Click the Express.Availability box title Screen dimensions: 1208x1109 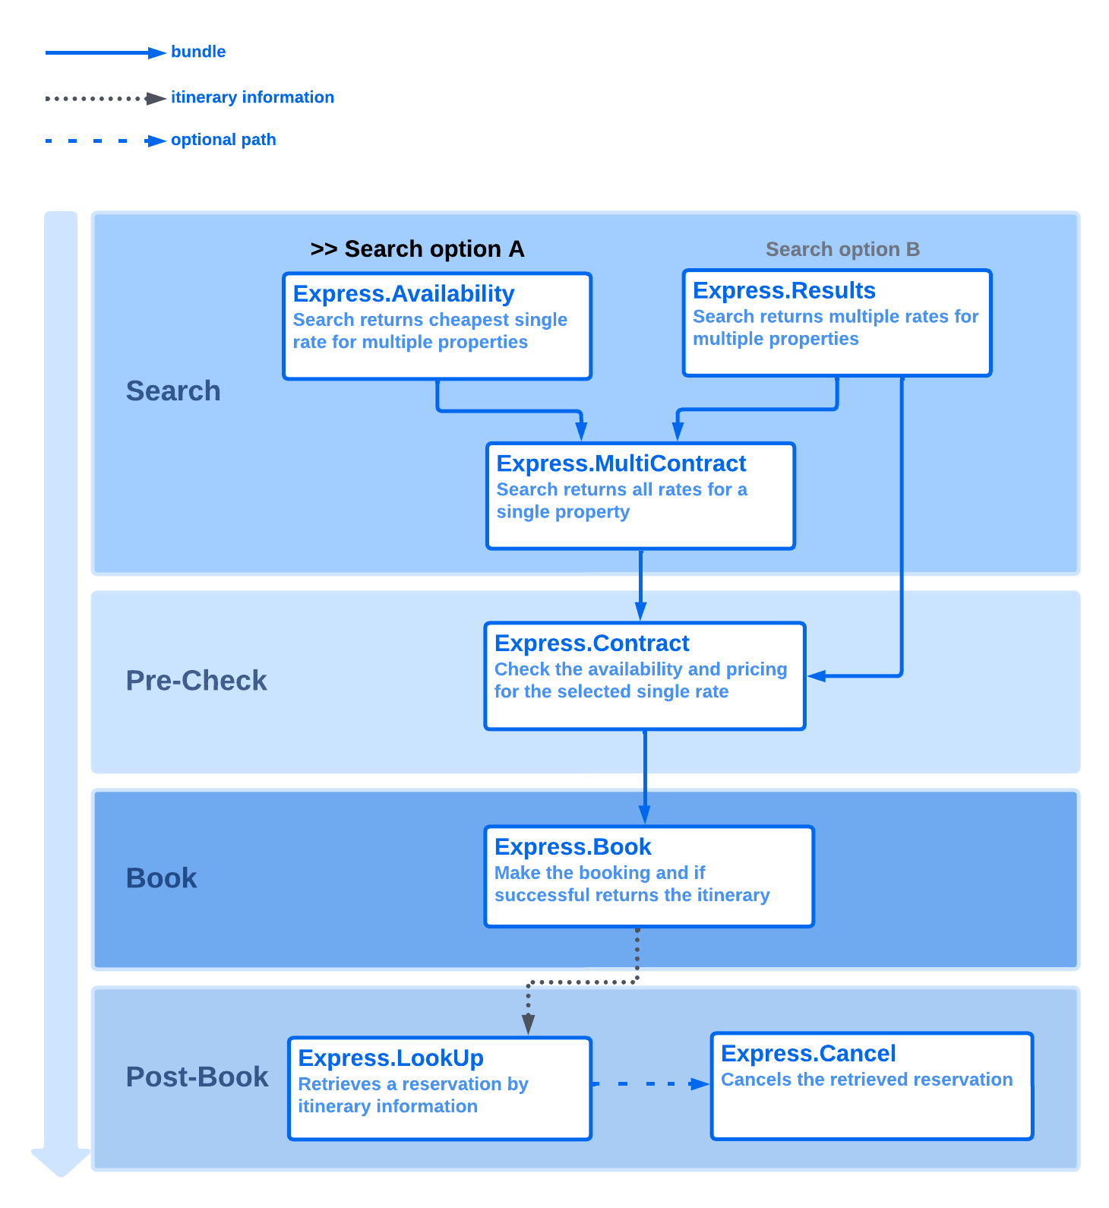point(403,294)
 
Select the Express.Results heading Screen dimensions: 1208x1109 point(784,291)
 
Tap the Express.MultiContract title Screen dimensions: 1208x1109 point(621,463)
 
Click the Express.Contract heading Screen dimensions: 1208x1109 point(592,644)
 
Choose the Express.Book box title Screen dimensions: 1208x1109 point(573,847)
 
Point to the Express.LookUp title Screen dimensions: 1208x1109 point(390,1058)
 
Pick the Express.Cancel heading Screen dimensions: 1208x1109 point(808,1054)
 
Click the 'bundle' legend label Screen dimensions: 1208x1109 point(198,52)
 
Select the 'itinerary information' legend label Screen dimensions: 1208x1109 point(252,97)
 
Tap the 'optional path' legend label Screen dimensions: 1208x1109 point(223,140)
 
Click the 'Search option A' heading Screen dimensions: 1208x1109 point(418,249)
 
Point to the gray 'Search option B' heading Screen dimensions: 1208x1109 point(842,249)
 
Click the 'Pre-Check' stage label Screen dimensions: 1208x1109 point(196,681)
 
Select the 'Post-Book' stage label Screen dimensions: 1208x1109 point(197,1077)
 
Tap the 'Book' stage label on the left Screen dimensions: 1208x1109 point(161,878)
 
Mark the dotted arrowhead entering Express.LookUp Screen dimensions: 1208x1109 point(529,1024)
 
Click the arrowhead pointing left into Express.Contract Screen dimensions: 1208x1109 point(817,675)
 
